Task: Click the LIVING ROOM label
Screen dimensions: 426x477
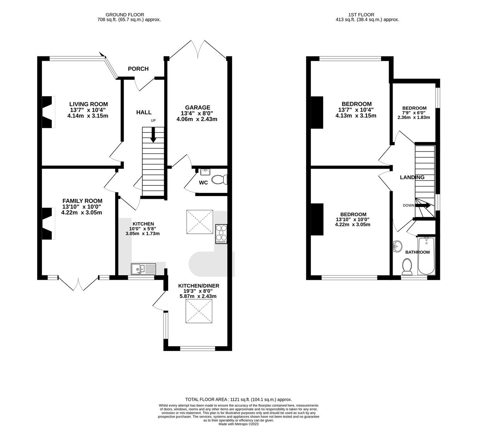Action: (83, 104)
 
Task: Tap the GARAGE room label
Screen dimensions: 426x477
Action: (198, 107)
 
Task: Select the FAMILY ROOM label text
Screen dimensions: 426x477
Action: (82, 201)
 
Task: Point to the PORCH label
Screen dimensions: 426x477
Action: (138, 69)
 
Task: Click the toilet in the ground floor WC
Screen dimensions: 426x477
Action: (219, 180)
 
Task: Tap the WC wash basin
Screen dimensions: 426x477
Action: (205, 172)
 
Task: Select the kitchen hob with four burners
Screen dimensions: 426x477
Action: (221, 234)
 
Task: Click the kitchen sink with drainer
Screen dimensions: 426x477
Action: (144, 269)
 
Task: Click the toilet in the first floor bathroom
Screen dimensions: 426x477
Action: (407, 267)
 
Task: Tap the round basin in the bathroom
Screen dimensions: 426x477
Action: (397, 247)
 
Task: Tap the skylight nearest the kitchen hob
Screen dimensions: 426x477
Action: (200, 222)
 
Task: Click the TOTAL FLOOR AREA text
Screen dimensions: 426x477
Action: (238, 400)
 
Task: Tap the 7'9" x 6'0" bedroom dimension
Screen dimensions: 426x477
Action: (414, 113)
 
